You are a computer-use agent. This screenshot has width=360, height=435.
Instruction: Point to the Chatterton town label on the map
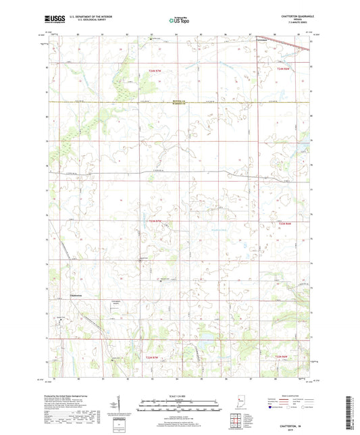tap(76, 295)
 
